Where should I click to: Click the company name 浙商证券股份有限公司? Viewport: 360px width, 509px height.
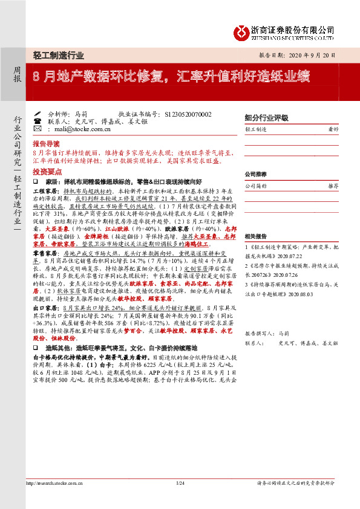tap(292, 28)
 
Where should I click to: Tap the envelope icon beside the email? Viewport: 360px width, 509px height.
tap(37, 129)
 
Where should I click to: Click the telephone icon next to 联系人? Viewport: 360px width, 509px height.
tap(37, 121)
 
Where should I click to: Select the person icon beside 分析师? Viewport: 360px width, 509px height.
tap(37, 114)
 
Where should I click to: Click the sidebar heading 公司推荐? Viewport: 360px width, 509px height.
tap(257, 173)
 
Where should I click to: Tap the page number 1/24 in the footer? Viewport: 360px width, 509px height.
tap(179, 484)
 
